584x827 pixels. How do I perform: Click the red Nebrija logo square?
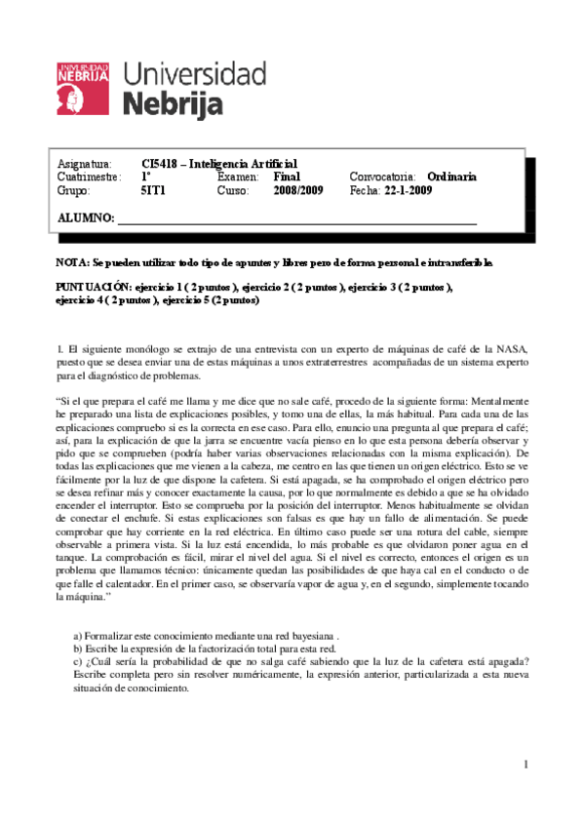coord(84,86)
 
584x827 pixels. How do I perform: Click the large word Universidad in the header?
coord(195,74)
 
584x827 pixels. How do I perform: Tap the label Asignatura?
coord(85,164)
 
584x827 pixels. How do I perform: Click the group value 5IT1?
coord(153,191)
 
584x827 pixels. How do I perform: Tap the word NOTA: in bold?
coord(72,263)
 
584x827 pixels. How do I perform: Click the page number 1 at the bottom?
coord(525,764)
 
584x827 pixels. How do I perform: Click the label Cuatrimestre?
coord(89,177)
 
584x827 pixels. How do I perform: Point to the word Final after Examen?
coord(287,177)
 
